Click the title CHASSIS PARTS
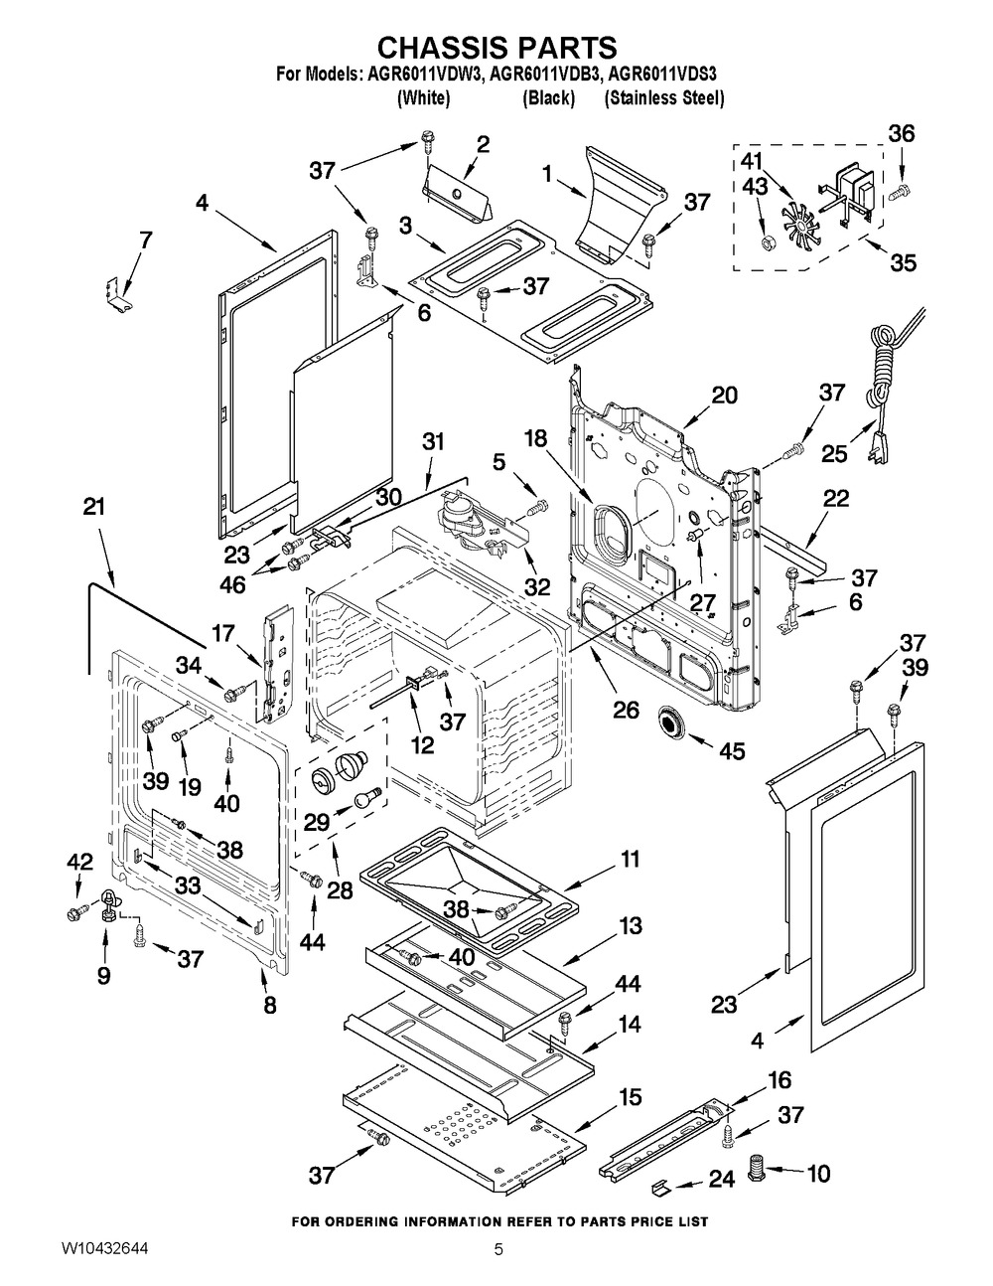[x=497, y=47]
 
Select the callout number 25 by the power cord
[x=835, y=452]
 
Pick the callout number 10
[x=817, y=1175]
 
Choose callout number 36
[x=901, y=134]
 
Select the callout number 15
[x=631, y=1097]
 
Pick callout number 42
[x=78, y=862]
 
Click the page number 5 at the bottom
[x=499, y=1249]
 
